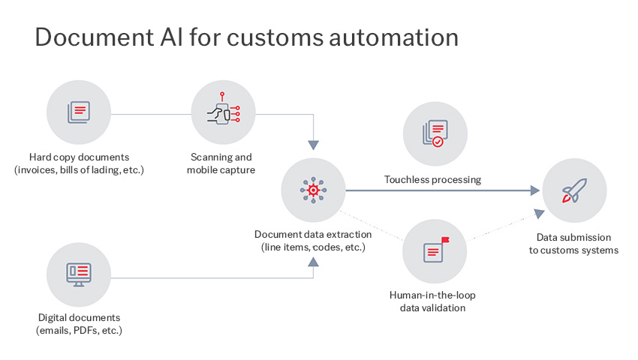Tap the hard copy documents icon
point(79,112)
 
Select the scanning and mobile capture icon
point(223,112)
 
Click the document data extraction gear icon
point(313,190)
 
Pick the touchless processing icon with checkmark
point(435,133)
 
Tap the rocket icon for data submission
point(574,191)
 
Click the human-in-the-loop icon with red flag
point(435,250)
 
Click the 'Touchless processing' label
point(432,179)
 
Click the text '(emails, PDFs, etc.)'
point(79,330)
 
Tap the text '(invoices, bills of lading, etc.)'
point(79,170)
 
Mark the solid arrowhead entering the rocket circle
point(534,191)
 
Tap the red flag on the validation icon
point(444,241)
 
